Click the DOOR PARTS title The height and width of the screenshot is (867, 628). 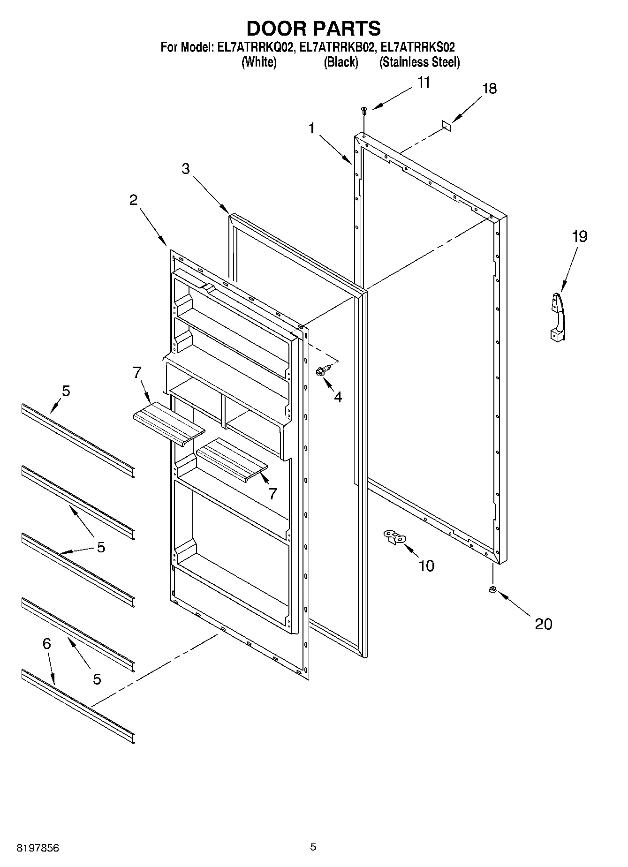pyautogui.click(x=313, y=29)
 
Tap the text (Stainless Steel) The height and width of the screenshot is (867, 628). pyautogui.click(x=419, y=62)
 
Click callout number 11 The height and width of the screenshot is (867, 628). pyautogui.click(x=423, y=83)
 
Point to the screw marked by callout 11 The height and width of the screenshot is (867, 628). pyautogui.click(x=364, y=110)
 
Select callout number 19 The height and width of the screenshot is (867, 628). pyautogui.click(x=579, y=236)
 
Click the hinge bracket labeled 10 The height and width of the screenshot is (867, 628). pyautogui.click(x=394, y=537)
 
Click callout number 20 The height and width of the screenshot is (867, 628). pyautogui.click(x=543, y=624)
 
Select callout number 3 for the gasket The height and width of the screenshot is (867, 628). pyautogui.click(x=186, y=169)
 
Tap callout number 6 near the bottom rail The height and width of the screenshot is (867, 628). pyautogui.click(x=46, y=644)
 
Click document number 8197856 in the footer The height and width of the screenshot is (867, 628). pyautogui.click(x=38, y=848)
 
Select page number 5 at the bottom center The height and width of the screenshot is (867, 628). pyautogui.click(x=313, y=847)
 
